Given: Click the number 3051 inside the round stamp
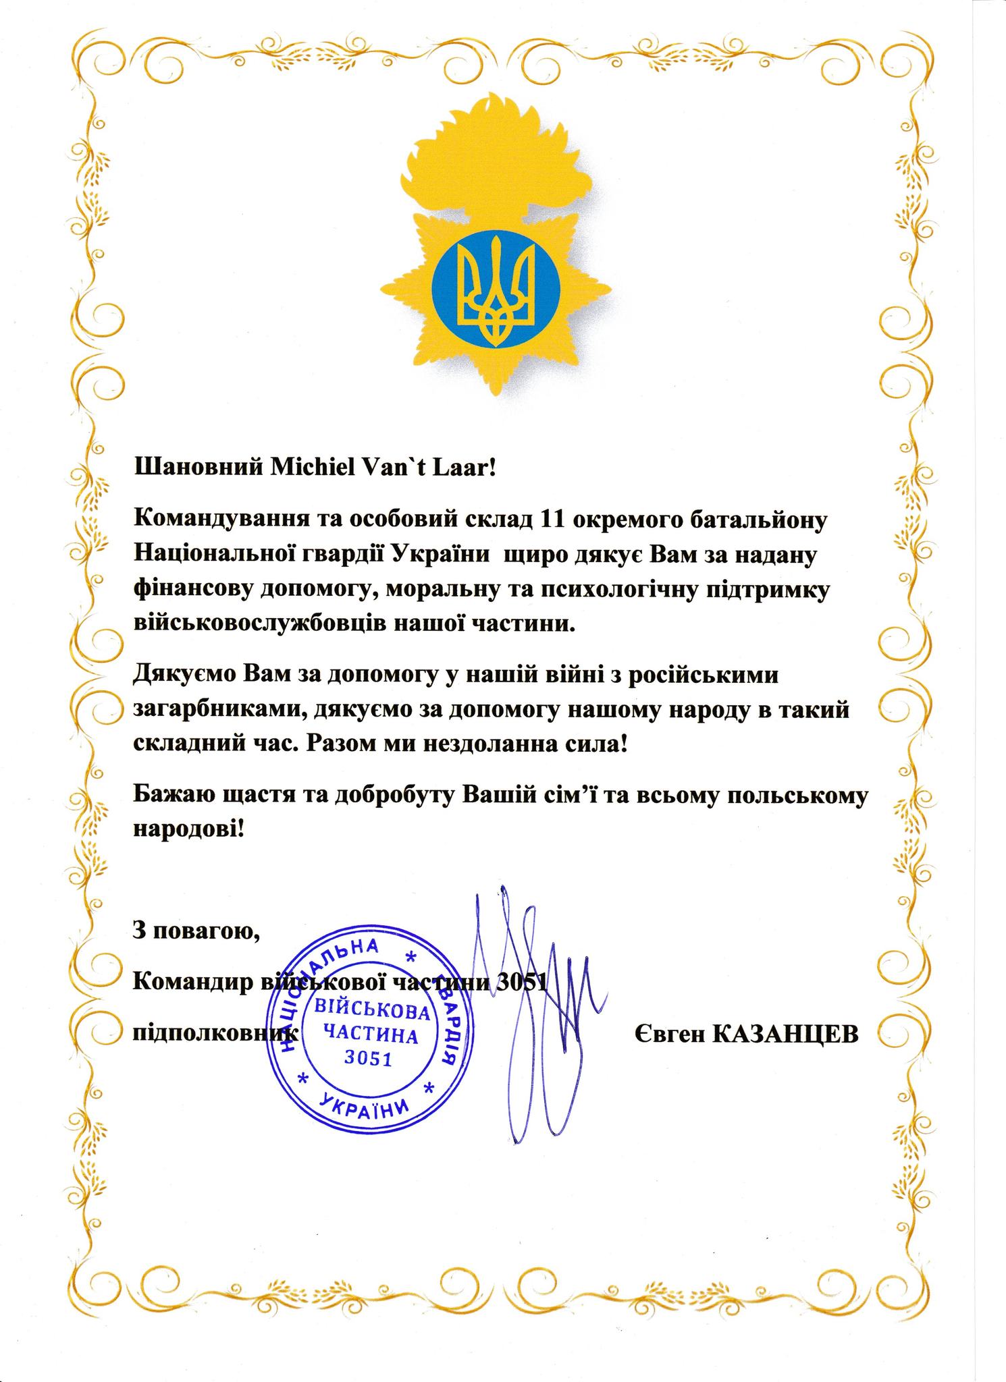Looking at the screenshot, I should (368, 1058).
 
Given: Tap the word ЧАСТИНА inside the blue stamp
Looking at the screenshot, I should (369, 1034).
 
